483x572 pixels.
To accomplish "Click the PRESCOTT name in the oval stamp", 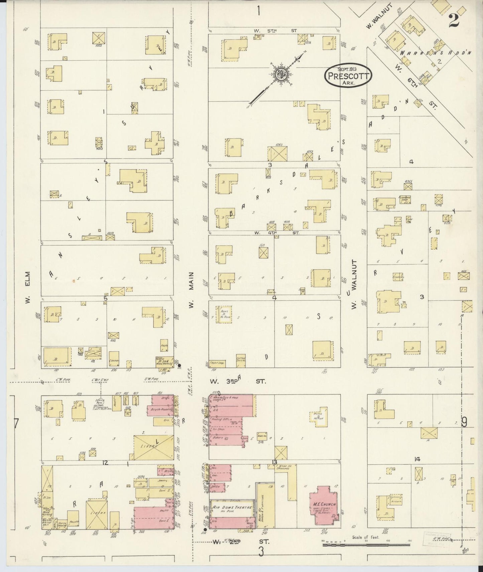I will (x=349, y=75).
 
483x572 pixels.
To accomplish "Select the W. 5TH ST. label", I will (x=275, y=31).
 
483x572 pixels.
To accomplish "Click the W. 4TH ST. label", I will (x=276, y=233).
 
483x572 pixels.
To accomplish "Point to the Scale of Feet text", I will (x=365, y=537).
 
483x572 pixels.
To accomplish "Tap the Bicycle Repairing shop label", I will (x=162, y=409).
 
